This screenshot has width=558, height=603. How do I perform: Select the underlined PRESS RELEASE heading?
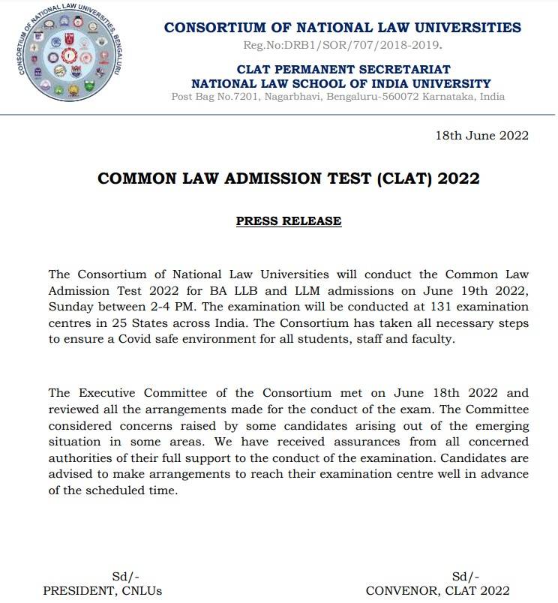point(289,221)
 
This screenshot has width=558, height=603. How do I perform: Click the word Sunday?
point(69,307)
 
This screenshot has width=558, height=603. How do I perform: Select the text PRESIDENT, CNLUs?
point(102,590)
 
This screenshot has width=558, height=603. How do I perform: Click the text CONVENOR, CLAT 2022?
point(437,590)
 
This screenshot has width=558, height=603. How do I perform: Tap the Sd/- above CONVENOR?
point(466,576)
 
